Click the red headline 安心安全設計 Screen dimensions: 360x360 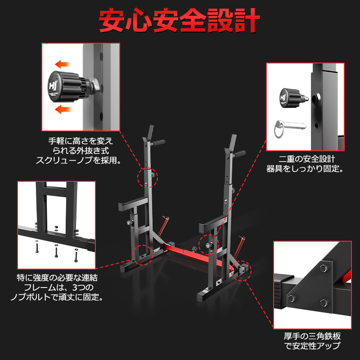click(180, 19)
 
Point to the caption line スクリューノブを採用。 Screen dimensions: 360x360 click(79, 159)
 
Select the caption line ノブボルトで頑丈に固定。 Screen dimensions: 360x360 click(56, 297)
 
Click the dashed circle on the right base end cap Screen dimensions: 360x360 click(243, 271)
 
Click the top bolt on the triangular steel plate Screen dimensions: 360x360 click(322, 269)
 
